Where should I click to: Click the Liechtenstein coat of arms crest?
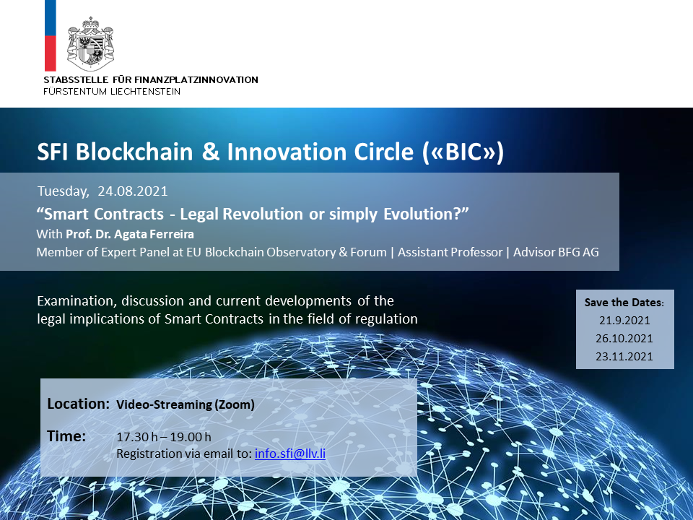click(x=90, y=44)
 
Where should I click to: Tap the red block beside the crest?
click(x=51, y=53)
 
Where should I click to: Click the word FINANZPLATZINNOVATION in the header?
click(x=196, y=80)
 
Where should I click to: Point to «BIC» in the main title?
click(x=463, y=152)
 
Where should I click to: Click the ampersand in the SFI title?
click(x=210, y=152)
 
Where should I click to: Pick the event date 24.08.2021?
click(x=133, y=191)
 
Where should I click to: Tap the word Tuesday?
click(x=64, y=191)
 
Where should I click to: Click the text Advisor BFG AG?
click(x=556, y=252)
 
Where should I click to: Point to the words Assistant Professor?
click(x=450, y=252)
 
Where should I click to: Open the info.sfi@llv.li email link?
click(x=290, y=454)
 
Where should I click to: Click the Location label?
click(x=78, y=404)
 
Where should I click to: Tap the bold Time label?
click(x=66, y=436)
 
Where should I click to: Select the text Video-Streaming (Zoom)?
click(x=186, y=404)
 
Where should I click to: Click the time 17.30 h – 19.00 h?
click(x=164, y=437)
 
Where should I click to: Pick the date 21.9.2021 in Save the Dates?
click(x=624, y=320)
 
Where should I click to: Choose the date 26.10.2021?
click(x=624, y=338)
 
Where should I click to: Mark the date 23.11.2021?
click(x=624, y=356)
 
